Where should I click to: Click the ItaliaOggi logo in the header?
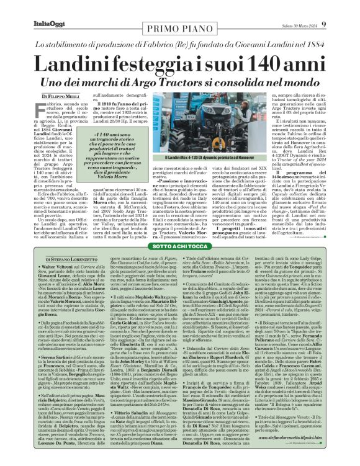[x=29, y=6]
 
